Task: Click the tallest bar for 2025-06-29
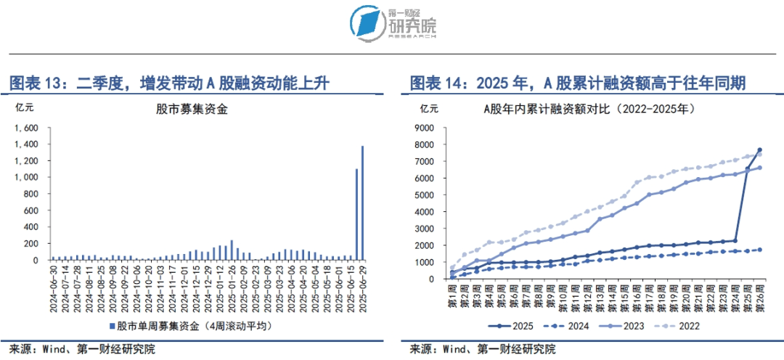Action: pyautogui.click(x=362, y=202)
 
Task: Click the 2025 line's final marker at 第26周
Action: pyautogui.click(x=759, y=150)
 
